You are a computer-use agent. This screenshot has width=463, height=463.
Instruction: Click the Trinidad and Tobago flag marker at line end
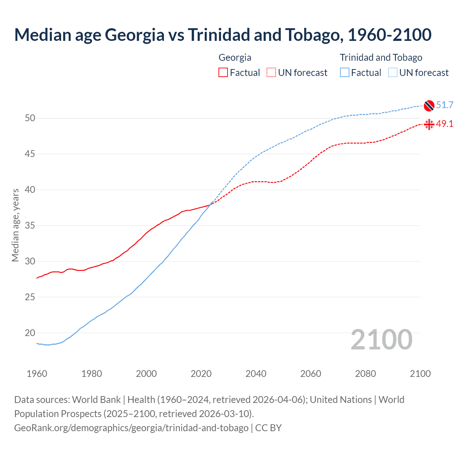(x=429, y=105)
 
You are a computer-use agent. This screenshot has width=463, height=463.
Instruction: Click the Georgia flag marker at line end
(x=429, y=124)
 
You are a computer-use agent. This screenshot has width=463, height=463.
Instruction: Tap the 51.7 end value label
(x=445, y=105)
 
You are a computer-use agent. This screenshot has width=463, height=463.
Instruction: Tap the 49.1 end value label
(x=445, y=124)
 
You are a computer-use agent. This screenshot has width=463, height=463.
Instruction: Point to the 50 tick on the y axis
(x=30, y=118)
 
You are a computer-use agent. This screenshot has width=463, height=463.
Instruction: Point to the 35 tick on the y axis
(x=30, y=226)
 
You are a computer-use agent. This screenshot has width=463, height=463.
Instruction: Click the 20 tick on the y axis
(x=30, y=333)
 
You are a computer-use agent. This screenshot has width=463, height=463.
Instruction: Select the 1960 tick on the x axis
(x=37, y=374)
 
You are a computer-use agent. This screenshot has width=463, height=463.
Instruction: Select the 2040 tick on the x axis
(x=256, y=374)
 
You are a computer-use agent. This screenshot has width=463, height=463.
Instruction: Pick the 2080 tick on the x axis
(x=365, y=374)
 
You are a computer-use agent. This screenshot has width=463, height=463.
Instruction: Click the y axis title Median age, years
(x=15, y=225)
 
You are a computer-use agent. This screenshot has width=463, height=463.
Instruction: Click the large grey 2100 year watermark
(x=381, y=340)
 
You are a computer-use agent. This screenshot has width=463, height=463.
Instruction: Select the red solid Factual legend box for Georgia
(x=223, y=73)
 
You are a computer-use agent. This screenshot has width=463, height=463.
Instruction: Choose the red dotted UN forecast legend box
(x=271, y=73)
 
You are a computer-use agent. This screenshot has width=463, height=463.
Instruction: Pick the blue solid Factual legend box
(x=345, y=73)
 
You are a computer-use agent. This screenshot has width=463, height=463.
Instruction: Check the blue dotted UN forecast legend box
(x=393, y=73)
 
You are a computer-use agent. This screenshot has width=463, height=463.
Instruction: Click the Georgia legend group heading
(x=235, y=58)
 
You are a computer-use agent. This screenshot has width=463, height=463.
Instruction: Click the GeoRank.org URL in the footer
(x=131, y=428)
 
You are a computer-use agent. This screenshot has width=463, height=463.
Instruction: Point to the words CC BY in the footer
(x=268, y=428)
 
